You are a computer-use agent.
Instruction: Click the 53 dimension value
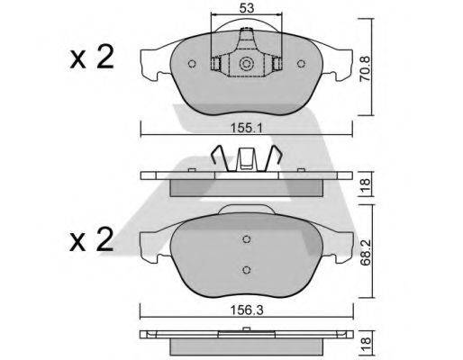247,8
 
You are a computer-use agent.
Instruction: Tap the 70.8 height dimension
366,68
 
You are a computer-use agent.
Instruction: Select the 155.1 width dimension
247,129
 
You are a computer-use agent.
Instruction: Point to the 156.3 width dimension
247,310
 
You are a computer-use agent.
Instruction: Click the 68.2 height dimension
367,252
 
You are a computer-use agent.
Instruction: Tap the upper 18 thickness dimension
366,185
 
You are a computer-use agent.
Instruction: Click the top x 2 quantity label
92,57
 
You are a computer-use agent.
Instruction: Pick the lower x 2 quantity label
92,239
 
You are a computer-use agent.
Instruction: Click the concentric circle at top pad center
246,64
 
